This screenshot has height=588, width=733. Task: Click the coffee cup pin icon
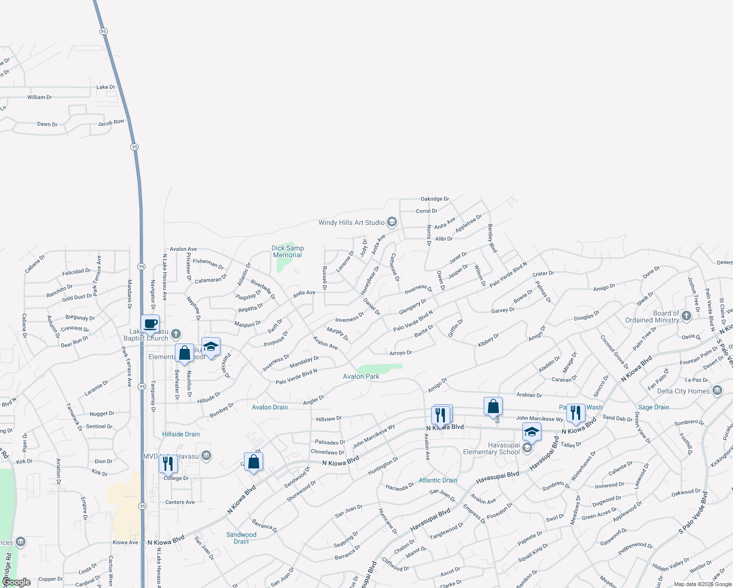click(x=150, y=324)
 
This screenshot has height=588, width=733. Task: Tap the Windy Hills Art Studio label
click(x=351, y=222)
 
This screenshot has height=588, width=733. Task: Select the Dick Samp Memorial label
click(x=288, y=252)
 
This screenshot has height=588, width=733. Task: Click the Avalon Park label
click(x=361, y=376)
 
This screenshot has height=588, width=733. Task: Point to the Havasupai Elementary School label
click(x=491, y=448)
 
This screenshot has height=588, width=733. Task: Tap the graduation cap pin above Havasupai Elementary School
click(x=532, y=432)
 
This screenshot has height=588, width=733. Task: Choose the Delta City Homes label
click(x=683, y=391)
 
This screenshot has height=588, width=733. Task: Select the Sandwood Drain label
click(x=241, y=538)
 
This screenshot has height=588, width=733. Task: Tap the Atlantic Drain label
click(x=438, y=480)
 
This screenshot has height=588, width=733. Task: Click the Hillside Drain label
click(x=181, y=434)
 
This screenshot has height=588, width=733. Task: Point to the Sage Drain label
click(x=654, y=407)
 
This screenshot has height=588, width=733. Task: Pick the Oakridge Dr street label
click(x=435, y=199)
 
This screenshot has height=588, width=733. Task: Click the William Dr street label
click(x=40, y=98)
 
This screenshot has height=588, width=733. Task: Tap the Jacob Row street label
click(x=111, y=122)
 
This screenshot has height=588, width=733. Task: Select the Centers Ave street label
click(x=180, y=502)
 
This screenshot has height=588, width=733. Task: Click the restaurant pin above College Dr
click(x=168, y=464)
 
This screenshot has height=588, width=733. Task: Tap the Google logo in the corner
click(x=16, y=582)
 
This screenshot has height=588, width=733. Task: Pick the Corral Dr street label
click(x=426, y=211)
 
